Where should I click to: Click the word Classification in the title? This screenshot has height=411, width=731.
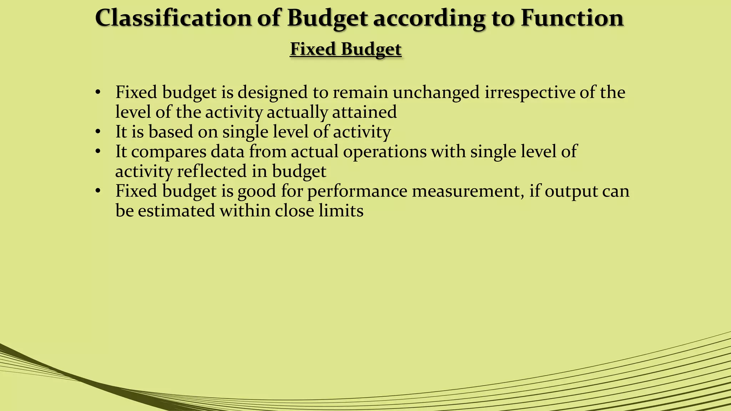[173, 18]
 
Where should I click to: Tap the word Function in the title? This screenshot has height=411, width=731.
[572, 18]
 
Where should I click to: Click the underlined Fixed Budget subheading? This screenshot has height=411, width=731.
[346, 49]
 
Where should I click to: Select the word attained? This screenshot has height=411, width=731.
[364, 112]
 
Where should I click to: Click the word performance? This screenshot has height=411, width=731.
[357, 191]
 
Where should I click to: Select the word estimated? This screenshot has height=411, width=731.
[176, 210]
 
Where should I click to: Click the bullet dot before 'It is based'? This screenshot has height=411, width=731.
[98, 132]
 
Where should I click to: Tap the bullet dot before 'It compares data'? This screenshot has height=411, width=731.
[98, 152]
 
